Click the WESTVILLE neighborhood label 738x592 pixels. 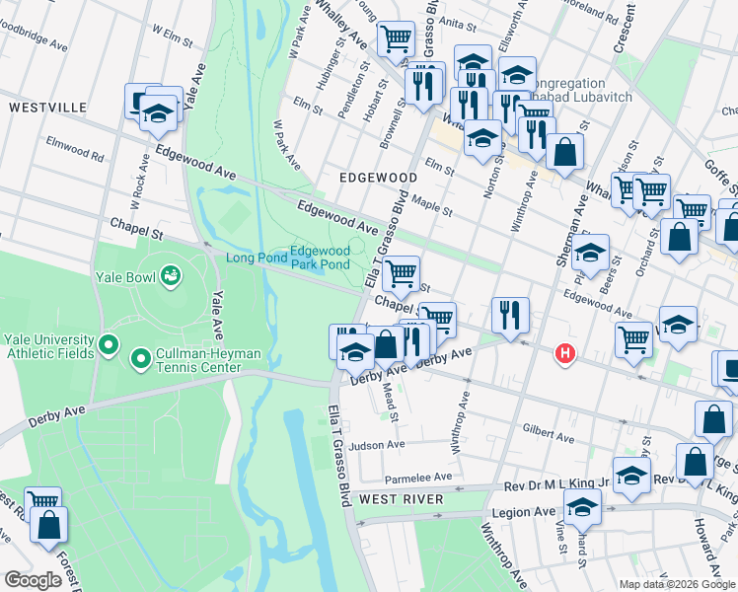(47, 107)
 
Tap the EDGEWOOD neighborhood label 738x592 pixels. (378, 177)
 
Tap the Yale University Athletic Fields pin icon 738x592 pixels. (109, 346)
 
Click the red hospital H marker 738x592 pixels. (564, 352)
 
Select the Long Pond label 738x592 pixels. (255, 259)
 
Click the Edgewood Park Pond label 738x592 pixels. (320, 259)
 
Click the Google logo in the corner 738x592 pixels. (33, 580)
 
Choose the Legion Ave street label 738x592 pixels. (531, 511)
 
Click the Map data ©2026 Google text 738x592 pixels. (676, 584)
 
